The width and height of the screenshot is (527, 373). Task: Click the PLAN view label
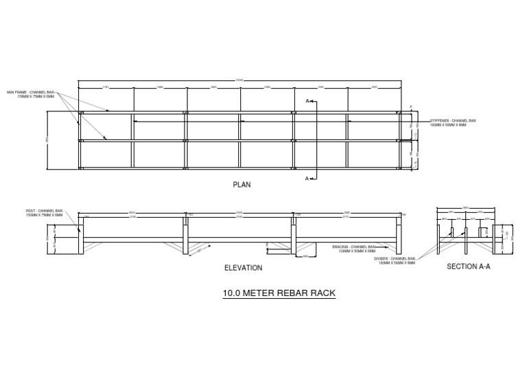coord(242,185)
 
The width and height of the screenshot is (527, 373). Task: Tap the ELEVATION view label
coord(244,268)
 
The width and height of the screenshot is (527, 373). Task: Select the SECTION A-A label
coord(468,266)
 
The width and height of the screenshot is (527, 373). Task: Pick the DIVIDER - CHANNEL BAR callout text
coord(395,260)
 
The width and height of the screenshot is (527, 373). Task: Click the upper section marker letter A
coord(307,101)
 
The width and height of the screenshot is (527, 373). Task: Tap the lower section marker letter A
coord(307,179)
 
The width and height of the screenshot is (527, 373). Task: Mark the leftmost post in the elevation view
coord(80,236)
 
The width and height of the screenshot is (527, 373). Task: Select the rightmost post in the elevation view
coord(399,236)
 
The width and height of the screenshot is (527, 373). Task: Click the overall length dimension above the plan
coord(239,80)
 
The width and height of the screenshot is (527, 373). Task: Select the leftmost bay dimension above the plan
coord(106,87)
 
